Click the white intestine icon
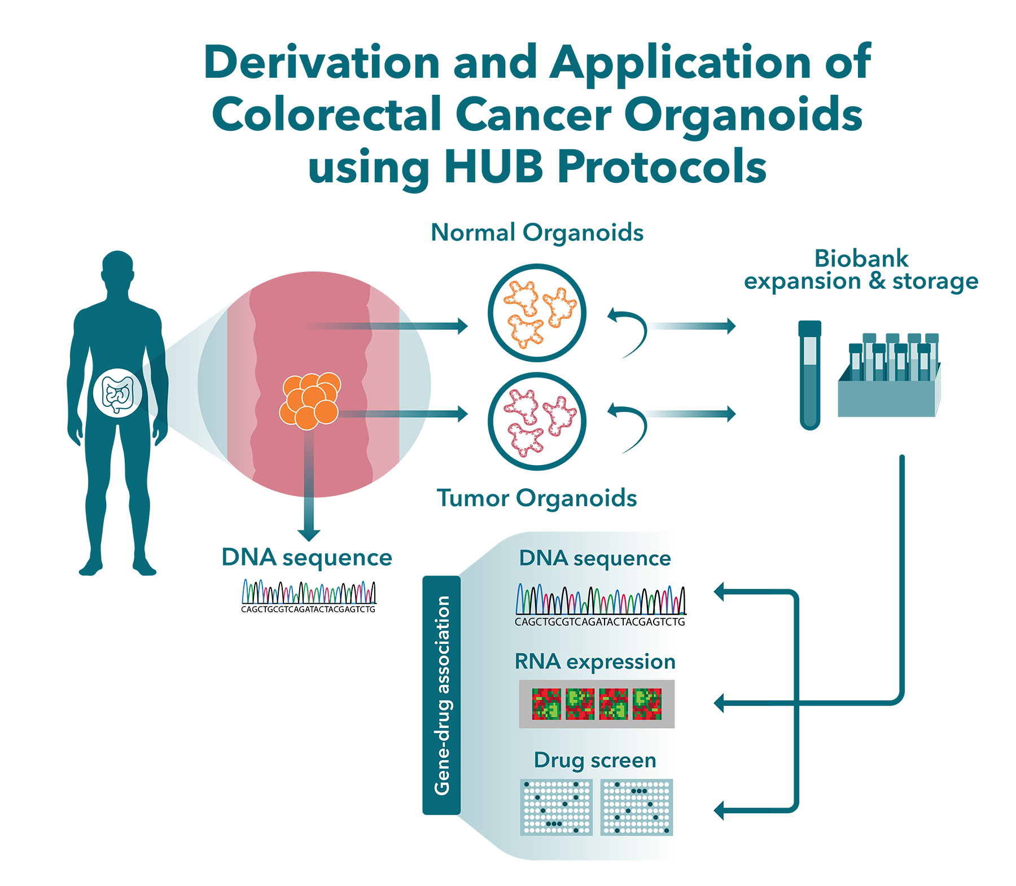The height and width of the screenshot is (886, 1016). [x=117, y=393]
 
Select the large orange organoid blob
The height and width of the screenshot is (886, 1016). [x=538, y=313]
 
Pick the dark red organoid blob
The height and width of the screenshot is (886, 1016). [x=538, y=421]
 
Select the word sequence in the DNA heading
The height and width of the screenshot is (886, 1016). [x=622, y=559]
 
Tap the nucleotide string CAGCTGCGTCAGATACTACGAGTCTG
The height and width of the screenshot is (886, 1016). [x=599, y=622]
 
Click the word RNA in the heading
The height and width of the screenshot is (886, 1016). [x=537, y=661]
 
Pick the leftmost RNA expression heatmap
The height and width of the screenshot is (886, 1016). [x=546, y=704]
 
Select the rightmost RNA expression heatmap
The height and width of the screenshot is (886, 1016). [x=647, y=704]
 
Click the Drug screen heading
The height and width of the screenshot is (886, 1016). [x=595, y=760]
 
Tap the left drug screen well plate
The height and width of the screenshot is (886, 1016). [x=557, y=807]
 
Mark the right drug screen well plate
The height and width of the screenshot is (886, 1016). [x=637, y=807]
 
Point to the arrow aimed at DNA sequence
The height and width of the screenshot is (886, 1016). [x=739, y=591]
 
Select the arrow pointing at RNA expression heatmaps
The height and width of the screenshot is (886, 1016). [x=739, y=703]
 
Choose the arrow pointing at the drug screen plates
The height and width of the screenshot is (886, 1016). [x=739, y=810]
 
